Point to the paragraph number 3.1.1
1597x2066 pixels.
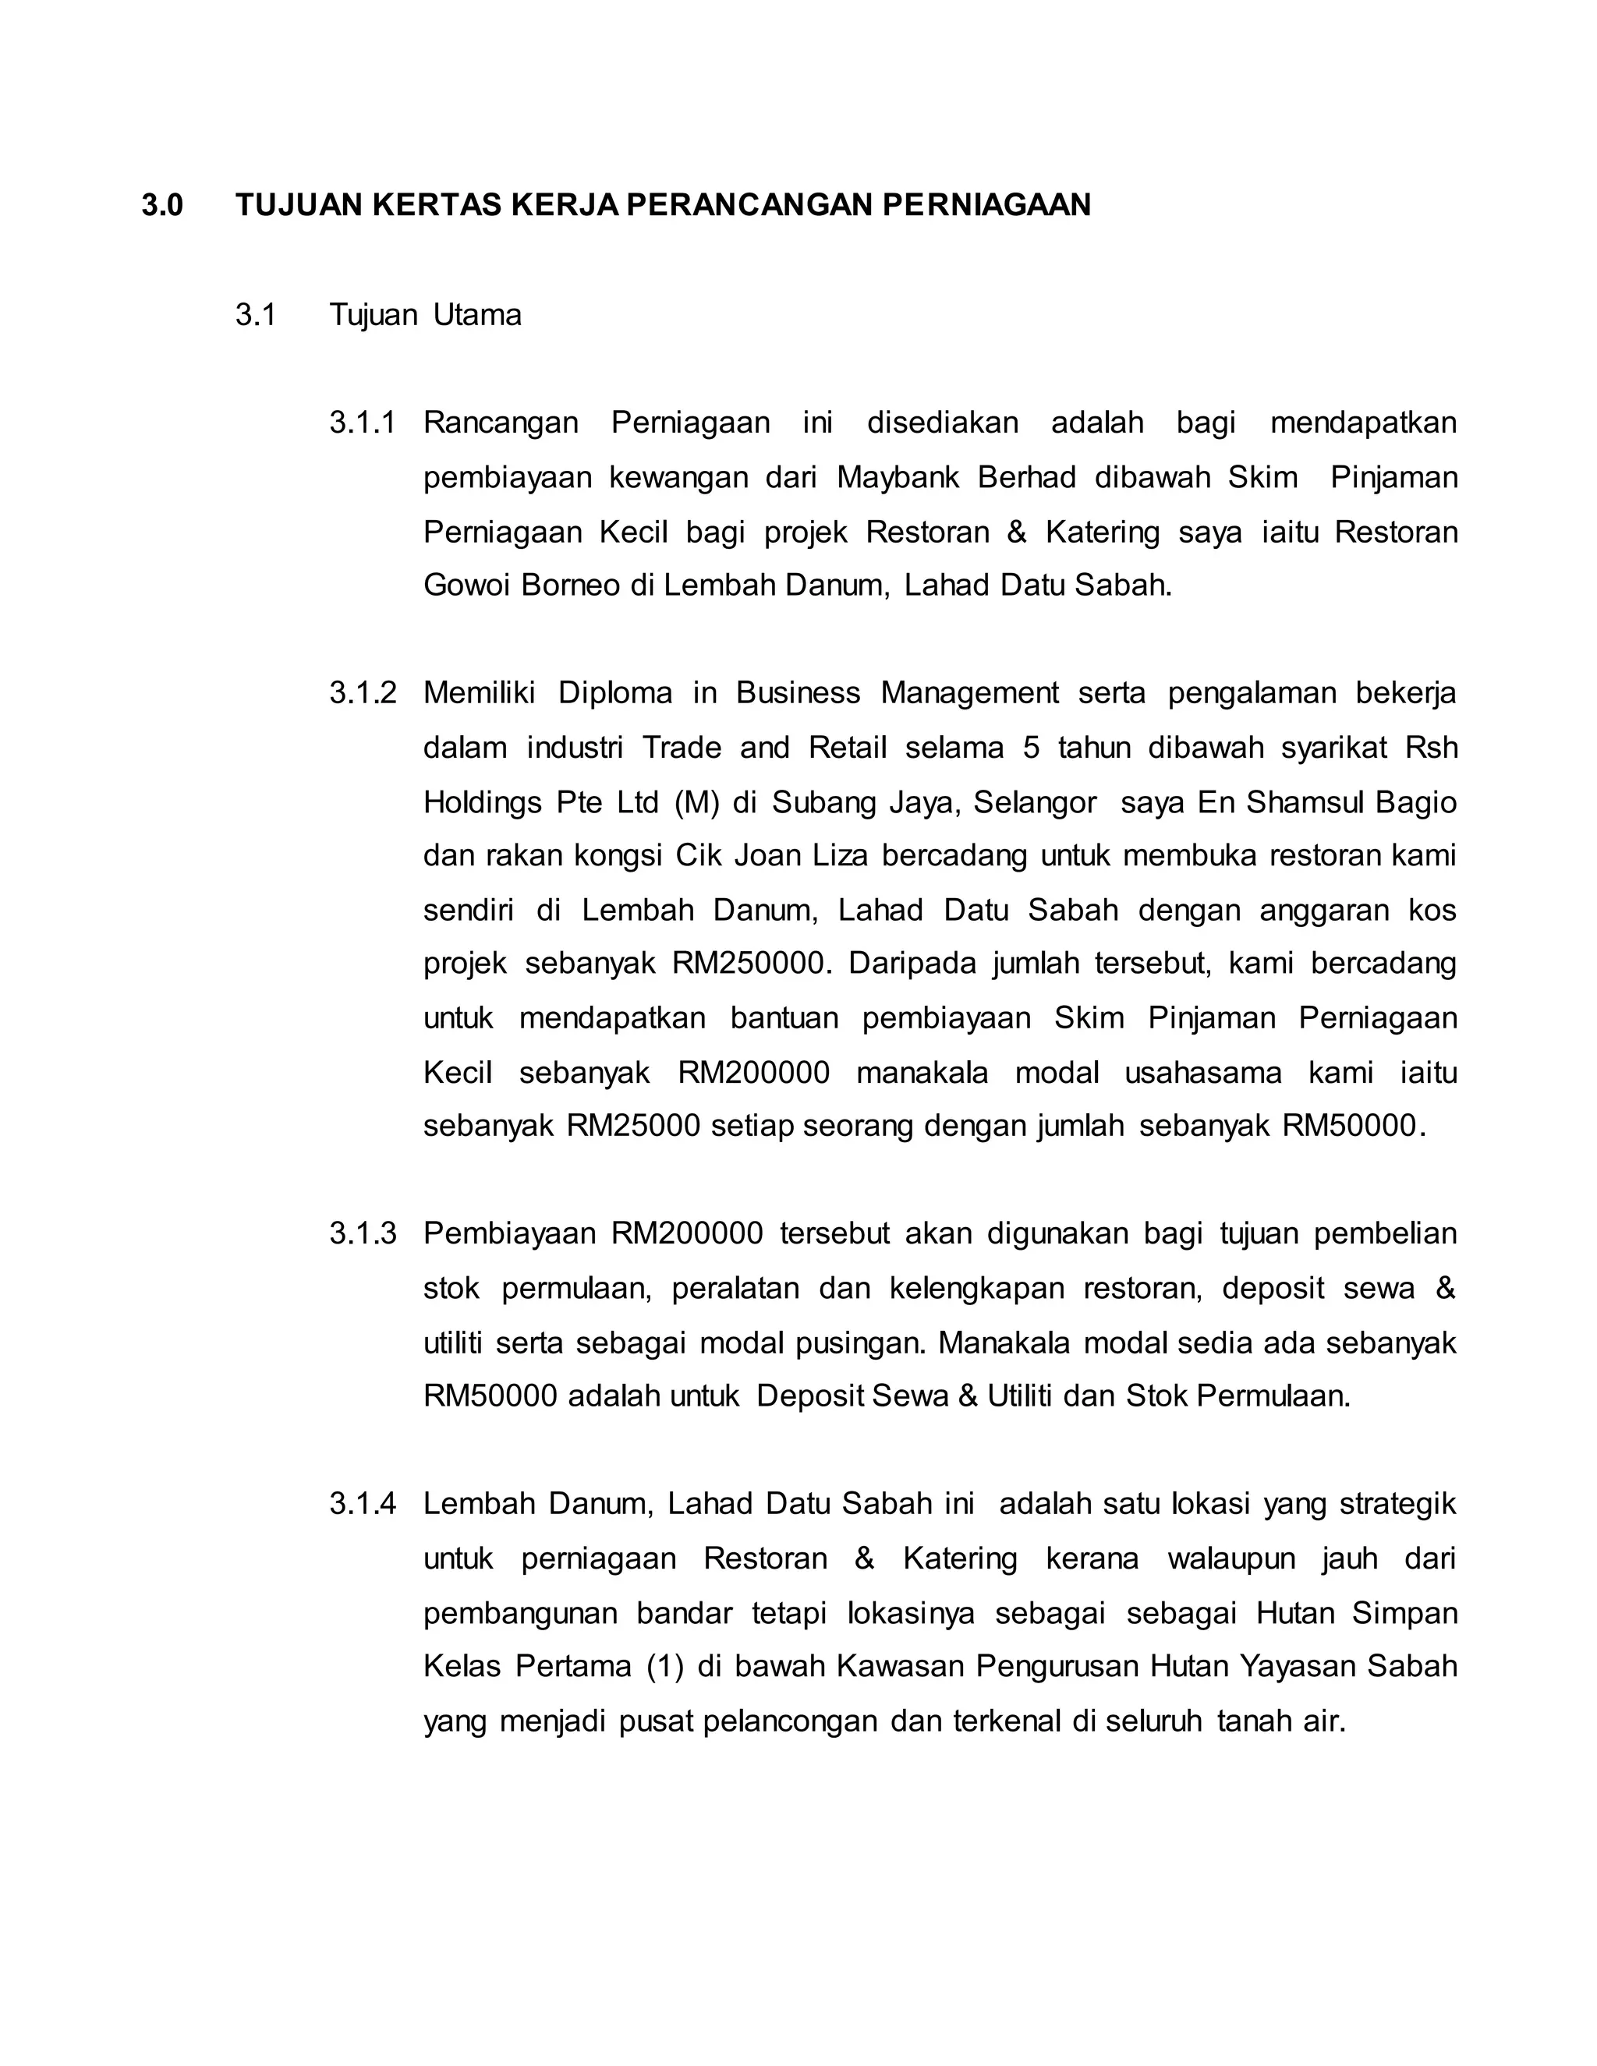pos(363,422)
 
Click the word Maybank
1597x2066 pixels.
pos(897,477)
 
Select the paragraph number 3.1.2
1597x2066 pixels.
pos(363,693)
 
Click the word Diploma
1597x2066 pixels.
pos(615,693)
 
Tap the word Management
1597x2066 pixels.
pos(970,693)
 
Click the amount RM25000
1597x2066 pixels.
pos(633,1126)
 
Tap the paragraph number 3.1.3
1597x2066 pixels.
pos(363,1233)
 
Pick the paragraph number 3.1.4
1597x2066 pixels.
pos(363,1504)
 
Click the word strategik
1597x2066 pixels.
pos(1397,1504)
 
